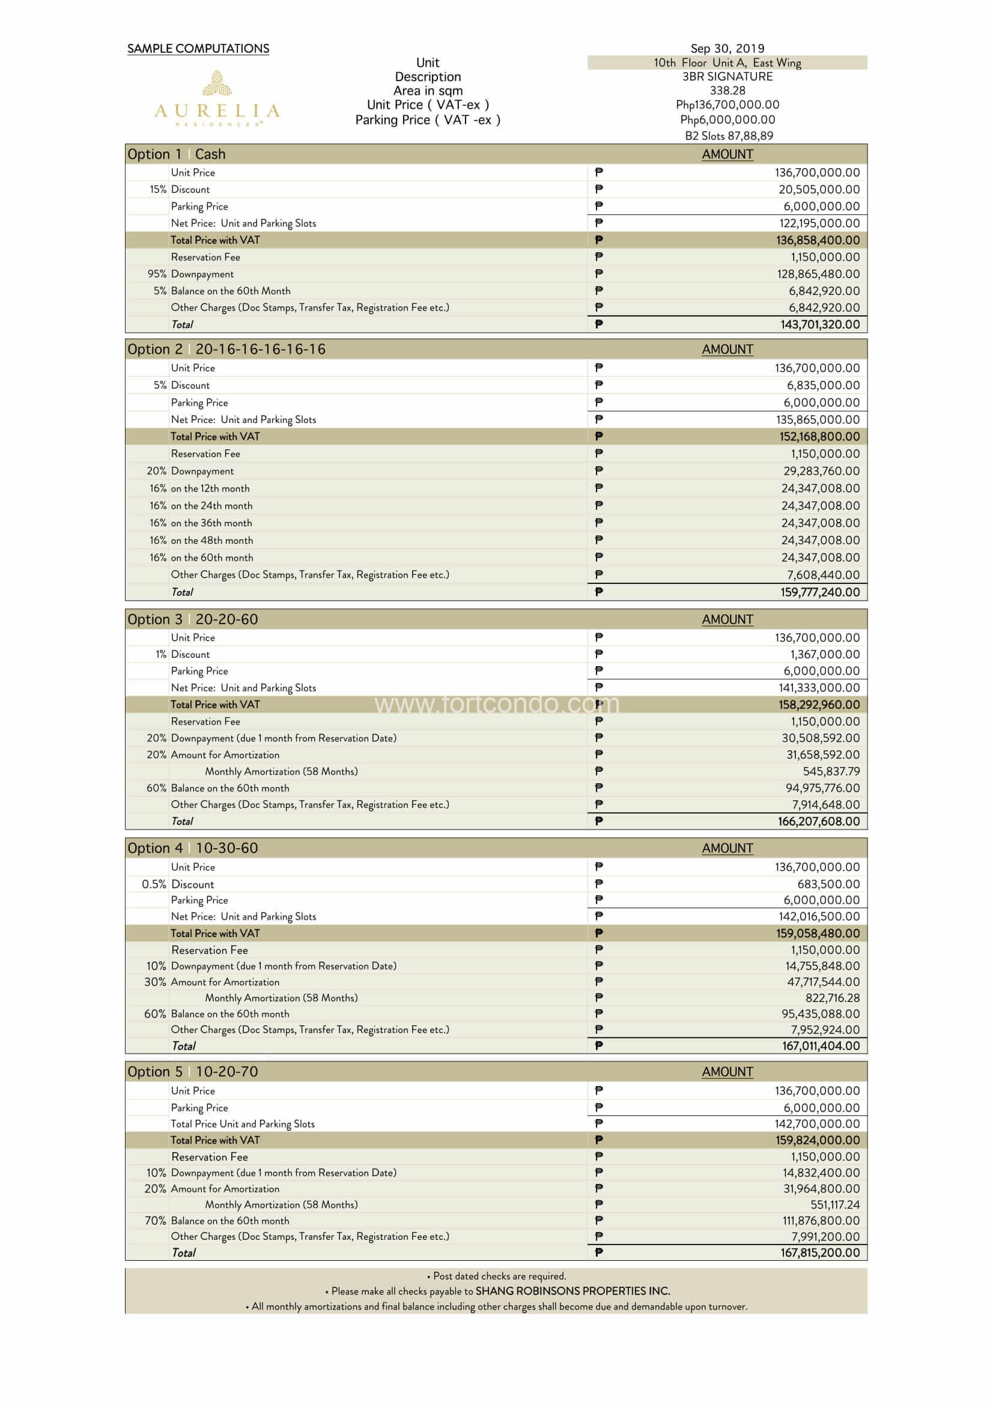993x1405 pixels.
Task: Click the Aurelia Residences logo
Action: tap(217, 99)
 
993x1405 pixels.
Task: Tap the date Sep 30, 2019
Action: tap(727, 48)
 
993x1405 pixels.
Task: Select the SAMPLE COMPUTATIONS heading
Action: tap(198, 48)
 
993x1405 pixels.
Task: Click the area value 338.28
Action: tap(727, 91)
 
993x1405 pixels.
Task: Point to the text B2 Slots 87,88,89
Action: tap(729, 136)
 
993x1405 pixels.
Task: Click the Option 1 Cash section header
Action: tap(177, 154)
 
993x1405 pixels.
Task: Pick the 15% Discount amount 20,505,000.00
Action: tap(819, 190)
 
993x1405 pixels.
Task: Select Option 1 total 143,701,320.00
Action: tap(819, 325)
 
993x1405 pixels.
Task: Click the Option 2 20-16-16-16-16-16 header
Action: tap(226, 350)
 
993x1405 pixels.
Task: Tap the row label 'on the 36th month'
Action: tap(211, 523)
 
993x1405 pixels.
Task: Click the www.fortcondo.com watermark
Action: tap(496, 705)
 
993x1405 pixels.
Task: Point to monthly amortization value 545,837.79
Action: tap(831, 772)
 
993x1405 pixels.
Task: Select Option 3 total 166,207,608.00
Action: tap(819, 822)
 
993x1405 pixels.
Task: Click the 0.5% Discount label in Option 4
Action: tap(178, 884)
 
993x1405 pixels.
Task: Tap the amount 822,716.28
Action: tap(832, 998)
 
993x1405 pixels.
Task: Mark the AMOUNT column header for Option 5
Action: tap(727, 1072)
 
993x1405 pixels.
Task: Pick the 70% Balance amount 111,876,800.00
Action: tap(821, 1221)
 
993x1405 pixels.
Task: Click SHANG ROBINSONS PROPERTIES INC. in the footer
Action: tap(572, 1291)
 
